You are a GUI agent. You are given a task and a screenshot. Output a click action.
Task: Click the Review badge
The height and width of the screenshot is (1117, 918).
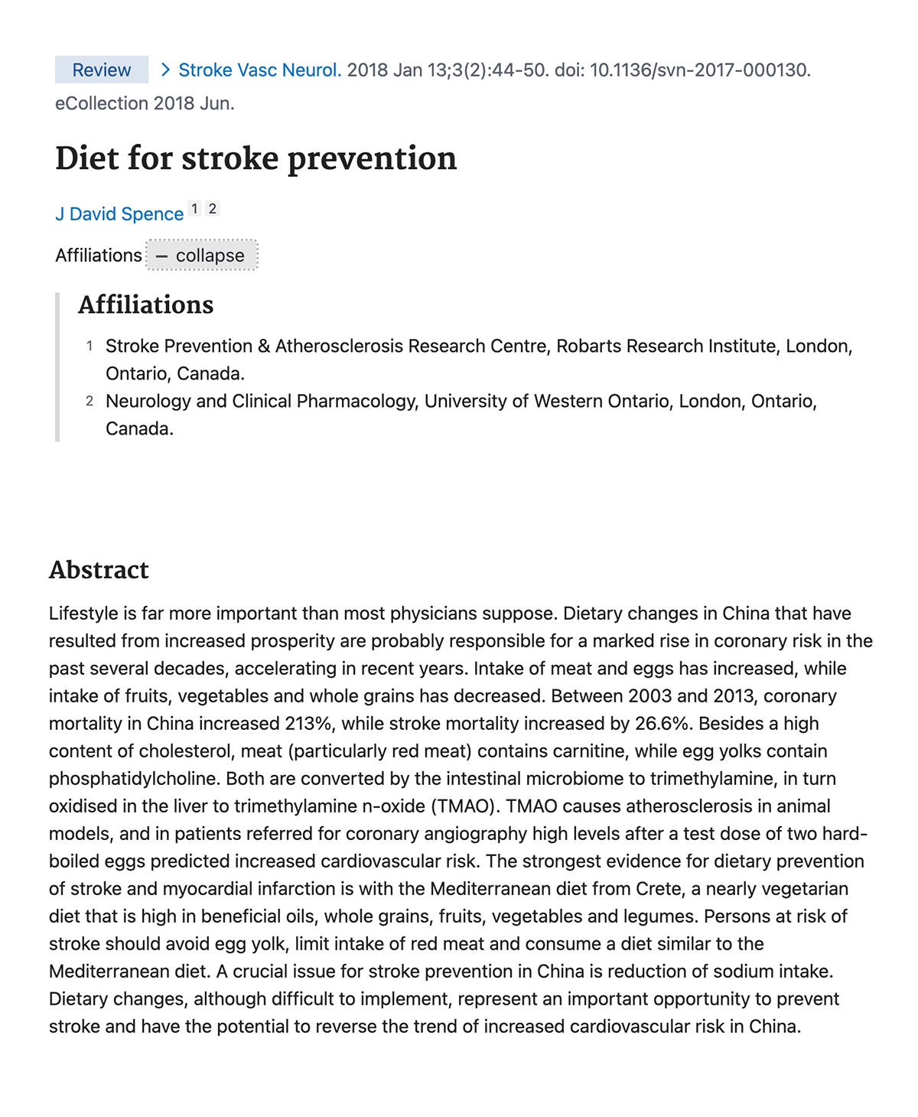pos(102,70)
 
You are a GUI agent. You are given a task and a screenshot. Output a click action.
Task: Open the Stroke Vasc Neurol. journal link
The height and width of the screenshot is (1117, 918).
pos(259,70)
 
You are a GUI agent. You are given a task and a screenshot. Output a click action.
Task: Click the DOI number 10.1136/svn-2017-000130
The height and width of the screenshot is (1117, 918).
pos(699,70)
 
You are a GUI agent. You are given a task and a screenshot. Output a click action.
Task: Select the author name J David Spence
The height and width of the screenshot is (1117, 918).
pos(119,214)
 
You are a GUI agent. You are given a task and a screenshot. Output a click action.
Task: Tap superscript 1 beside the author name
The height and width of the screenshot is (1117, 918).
pos(195,208)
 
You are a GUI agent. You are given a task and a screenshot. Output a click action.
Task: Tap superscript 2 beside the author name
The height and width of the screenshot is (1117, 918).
pos(213,208)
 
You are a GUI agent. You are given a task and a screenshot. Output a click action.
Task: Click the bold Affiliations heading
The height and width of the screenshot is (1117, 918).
pos(145,304)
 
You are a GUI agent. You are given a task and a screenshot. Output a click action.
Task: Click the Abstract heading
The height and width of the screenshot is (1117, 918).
pos(99,570)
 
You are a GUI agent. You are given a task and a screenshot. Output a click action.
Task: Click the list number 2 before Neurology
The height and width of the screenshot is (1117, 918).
pos(90,401)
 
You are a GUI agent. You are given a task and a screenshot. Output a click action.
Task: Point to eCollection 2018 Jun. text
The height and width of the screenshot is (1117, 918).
pos(145,103)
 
